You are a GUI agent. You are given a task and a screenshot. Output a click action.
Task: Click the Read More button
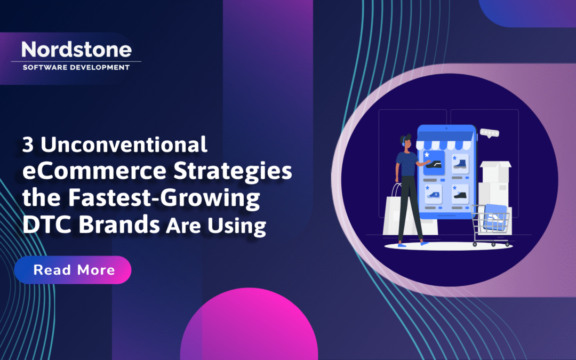coord(73,270)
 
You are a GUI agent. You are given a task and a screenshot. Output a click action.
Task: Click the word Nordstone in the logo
coord(76,50)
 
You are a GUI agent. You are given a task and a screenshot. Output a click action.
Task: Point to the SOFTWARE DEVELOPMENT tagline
coord(76,67)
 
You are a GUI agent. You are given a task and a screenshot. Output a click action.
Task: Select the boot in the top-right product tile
coord(460,163)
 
